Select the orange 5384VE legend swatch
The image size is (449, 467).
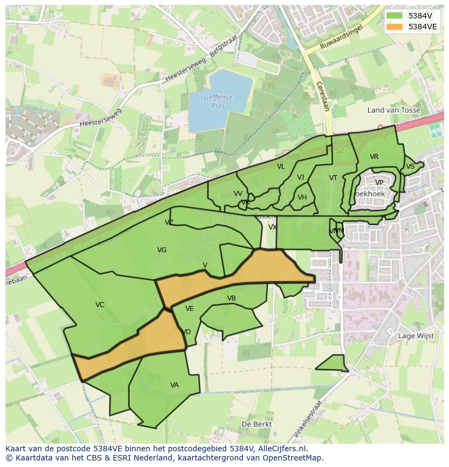pyautogui.click(x=394, y=27)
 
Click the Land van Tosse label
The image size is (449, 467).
pyautogui.click(x=394, y=110)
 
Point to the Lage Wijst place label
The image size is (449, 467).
pyautogui.click(x=416, y=336)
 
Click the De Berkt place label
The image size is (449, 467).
pyautogui.click(x=257, y=424)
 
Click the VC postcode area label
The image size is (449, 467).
pyautogui.click(x=100, y=305)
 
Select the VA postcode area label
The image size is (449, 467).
pyautogui.click(x=174, y=385)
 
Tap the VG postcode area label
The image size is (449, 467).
pyautogui.click(x=162, y=250)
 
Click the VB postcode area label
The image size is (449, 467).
pyautogui.click(x=232, y=298)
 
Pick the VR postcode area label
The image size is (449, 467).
pyautogui.click(x=374, y=157)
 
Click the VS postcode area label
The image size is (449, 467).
pyautogui.click(x=410, y=167)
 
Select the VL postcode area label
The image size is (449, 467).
pyautogui.click(x=281, y=167)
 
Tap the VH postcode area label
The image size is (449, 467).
pyautogui.click(x=302, y=197)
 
